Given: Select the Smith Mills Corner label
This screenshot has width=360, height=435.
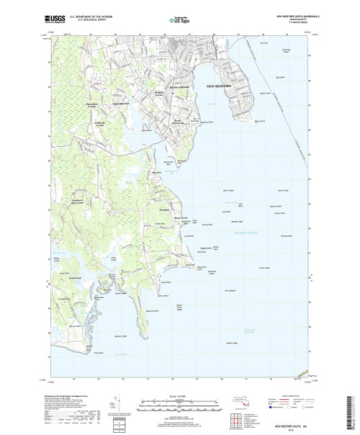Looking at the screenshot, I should coord(81,122).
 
